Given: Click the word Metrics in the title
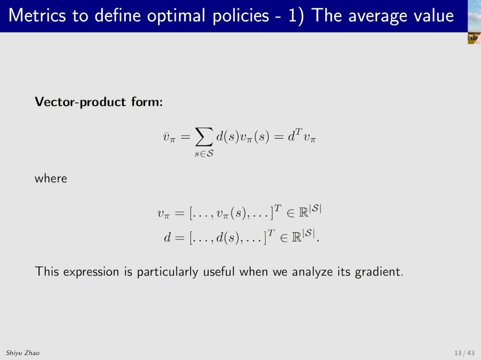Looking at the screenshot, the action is click(x=37, y=15).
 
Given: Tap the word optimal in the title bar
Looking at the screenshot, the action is click(x=176, y=16).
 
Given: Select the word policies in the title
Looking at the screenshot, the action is click(x=241, y=16).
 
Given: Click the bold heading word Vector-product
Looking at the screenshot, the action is click(x=80, y=102).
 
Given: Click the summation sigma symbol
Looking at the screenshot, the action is click(x=204, y=137).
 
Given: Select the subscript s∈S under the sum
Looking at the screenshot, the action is click(x=204, y=154).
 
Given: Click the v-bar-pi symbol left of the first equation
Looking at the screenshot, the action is click(x=169, y=137).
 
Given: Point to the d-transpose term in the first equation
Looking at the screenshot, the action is click(x=295, y=135).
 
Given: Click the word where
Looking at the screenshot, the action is click(x=51, y=179).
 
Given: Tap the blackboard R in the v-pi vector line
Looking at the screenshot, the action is click(x=303, y=213).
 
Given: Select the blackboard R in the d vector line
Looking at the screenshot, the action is click(x=297, y=237).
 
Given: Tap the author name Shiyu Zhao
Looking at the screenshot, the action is click(x=23, y=353).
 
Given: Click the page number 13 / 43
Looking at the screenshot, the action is click(x=465, y=353).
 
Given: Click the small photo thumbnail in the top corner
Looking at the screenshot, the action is click(x=474, y=22).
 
